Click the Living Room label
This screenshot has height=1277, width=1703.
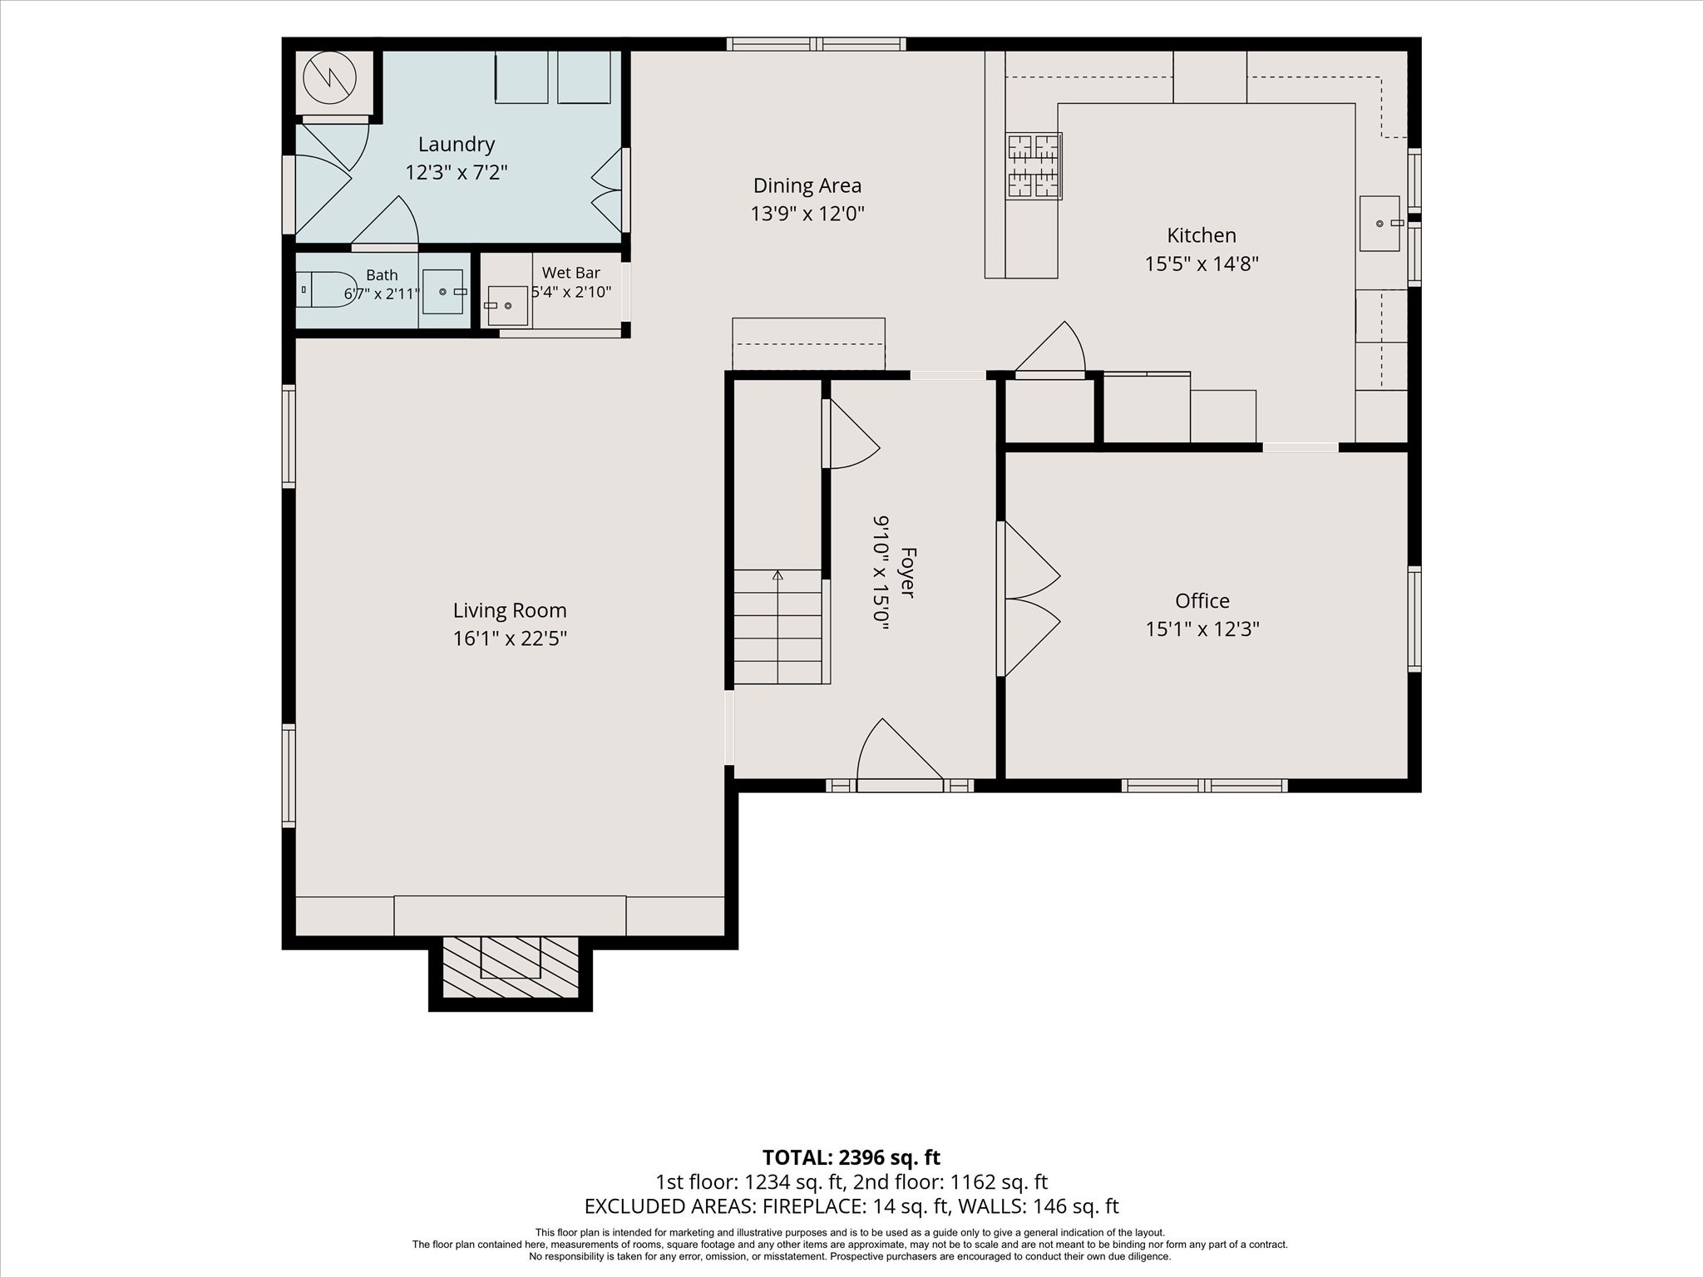click(510, 610)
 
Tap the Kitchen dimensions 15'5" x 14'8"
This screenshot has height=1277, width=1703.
click(1202, 264)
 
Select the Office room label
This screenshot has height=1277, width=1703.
click(1202, 600)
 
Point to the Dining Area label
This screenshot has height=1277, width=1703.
click(807, 185)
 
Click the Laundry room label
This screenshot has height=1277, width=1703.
click(457, 145)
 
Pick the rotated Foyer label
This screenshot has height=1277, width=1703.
click(908, 572)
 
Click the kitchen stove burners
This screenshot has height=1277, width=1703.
click(1034, 166)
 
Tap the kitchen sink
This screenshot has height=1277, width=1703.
click(1380, 223)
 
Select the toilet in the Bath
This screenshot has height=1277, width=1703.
click(327, 289)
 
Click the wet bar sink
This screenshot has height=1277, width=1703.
click(506, 305)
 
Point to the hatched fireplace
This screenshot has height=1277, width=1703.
click(510, 967)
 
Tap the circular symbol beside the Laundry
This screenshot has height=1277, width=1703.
click(329, 79)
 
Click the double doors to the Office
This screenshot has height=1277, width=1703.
click(1029, 599)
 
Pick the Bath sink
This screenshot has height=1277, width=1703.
click(442, 291)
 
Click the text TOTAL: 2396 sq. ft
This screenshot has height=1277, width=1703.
click(851, 1157)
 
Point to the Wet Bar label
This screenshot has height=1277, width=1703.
click(571, 273)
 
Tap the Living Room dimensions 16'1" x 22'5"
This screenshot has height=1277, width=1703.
click(510, 638)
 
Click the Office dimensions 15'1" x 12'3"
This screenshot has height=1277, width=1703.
click(1202, 629)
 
